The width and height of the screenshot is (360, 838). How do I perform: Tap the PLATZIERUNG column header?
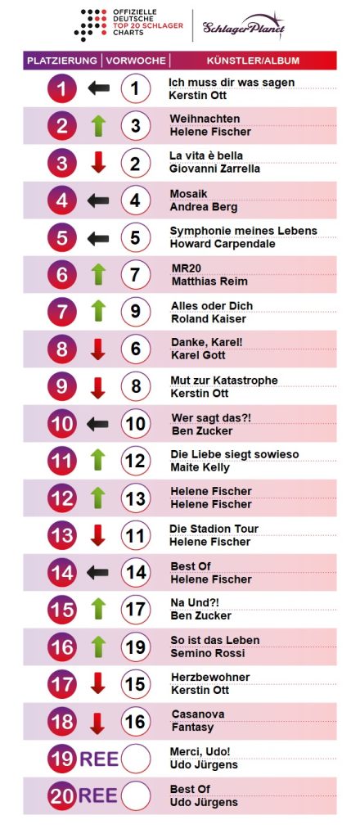[62, 61]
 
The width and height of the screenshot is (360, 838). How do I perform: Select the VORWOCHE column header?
[136, 61]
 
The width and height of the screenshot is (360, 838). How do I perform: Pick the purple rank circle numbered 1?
[62, 88]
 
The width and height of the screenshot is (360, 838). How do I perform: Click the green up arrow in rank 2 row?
[98, 125]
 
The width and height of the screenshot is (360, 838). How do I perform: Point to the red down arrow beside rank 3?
[98, 163]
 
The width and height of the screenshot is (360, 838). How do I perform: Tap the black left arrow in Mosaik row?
[98, 200]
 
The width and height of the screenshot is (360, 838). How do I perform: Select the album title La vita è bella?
[205, 155]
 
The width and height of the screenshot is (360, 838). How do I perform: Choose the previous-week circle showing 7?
[136, 275]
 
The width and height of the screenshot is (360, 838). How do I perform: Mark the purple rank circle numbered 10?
[62, 424]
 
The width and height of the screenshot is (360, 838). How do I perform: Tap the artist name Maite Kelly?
[199, 468]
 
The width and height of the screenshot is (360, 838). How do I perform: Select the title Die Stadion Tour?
[214, 529]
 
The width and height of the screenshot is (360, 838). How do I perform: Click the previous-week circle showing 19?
[136, 647]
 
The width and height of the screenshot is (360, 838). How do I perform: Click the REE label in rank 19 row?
[98, 759]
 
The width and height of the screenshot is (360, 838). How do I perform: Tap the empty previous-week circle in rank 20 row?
[136, 795]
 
